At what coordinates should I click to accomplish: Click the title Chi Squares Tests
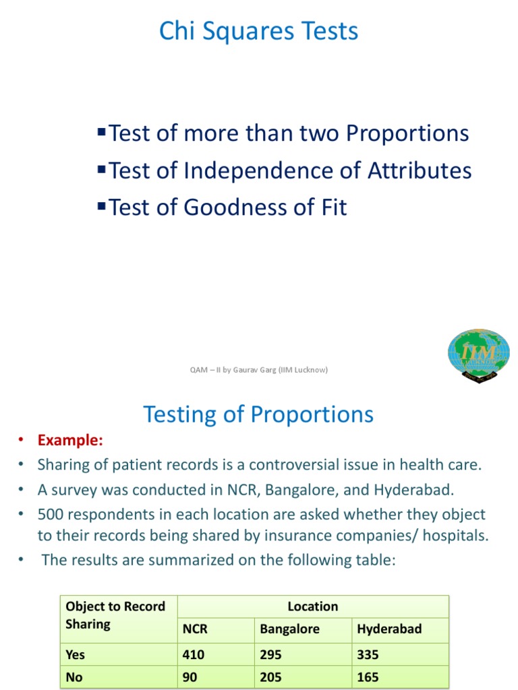(x=258, y=32)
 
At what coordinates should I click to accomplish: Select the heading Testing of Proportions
(x=258, y=414)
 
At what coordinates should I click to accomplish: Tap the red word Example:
(x=70, y=441)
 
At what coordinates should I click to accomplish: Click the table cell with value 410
(x=194, y=654)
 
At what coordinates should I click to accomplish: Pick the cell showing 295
(x=271, y=654)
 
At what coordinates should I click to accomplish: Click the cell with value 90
(x=190, y=677)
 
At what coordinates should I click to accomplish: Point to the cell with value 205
(x=271, y=677)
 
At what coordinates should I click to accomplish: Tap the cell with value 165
(x=368, y=677)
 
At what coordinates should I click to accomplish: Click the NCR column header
(x=195, y=629)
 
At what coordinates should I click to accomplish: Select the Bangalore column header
(x=289, y=629)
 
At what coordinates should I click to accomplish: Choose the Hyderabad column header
(x=389, y=629)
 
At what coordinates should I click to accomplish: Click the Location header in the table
(x=312, y=606)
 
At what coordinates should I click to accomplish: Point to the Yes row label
(x=76, y=654)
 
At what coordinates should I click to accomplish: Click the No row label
(x=74, y=677)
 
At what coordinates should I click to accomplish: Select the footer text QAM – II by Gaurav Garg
(x=259, y=369)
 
